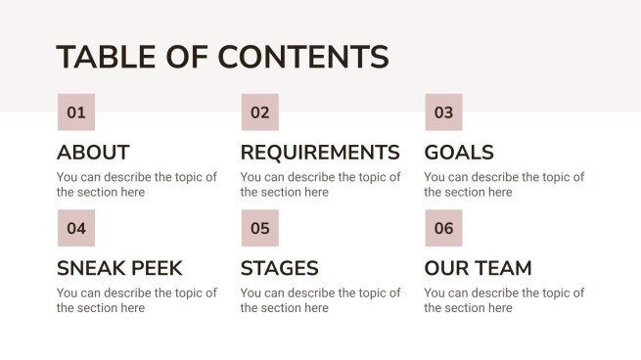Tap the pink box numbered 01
click(x=76, y=112)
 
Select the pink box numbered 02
click(x=259, y=112)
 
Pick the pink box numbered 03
click(x=443, y=112)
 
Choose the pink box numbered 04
click(x=76, y=228)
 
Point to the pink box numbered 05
click(x=259, y=228)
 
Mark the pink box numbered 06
click(x=443, y=228)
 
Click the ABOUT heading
click(x=93, y=153)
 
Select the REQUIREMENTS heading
click(x=320, y=153)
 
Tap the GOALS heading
click(x=459, y=153)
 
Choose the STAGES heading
click(x=279, y=268)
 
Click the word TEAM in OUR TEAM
click(x=502, y=268)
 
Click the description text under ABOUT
click(x=136, y=185)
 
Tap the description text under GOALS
click(x=503, y=185)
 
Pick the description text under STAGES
click(x=320, y=300)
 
